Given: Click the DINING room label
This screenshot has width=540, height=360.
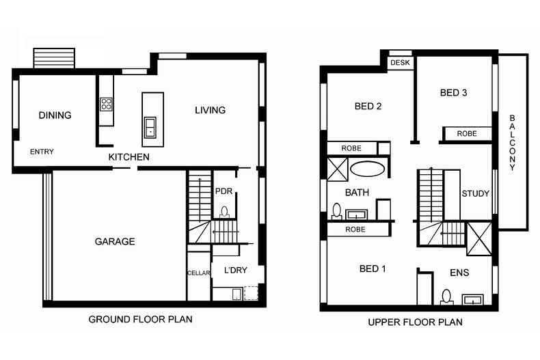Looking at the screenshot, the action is coord(55,115).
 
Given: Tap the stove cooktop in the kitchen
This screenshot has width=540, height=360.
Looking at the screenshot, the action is coord(106,105).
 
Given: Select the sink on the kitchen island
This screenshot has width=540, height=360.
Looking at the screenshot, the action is coord(150,127).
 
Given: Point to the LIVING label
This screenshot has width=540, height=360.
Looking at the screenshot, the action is coord(210,110).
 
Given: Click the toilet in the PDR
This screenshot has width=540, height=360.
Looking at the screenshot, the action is coord(224,212).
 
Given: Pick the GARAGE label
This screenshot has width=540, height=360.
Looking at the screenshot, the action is coord(115,242).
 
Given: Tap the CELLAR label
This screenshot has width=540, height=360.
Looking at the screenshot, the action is coord(199,273).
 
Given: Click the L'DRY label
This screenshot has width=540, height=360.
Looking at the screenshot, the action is coord(236,271).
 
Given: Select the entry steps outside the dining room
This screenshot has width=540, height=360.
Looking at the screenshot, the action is coord(54,58).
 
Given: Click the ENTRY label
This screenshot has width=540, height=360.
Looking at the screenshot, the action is coord(42,152).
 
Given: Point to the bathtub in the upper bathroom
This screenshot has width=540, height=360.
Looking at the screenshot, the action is coord(368,169).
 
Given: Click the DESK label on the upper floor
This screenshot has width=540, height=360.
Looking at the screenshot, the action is coord(400,63).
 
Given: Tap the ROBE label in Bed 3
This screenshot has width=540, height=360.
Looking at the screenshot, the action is coord(467,133).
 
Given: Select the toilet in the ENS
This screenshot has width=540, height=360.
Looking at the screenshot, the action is coord(446,297).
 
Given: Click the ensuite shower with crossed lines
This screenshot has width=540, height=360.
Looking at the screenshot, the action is coord(479,239).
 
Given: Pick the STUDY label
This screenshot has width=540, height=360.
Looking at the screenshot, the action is coord(476,193).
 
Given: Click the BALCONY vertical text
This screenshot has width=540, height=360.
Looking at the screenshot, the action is coord(512,143).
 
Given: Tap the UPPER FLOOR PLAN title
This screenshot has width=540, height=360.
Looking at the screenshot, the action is coord(416,322).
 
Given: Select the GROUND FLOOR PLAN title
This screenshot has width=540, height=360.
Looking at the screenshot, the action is coord(141,320).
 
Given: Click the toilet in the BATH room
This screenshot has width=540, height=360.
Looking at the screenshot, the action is coord(336,211).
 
